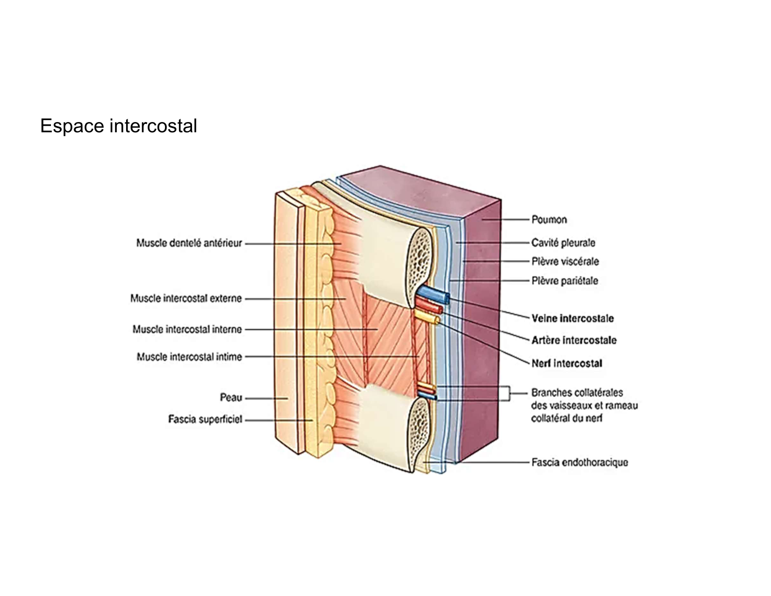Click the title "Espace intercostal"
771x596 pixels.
coord(118,126)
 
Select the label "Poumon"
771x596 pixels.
coord(549,219)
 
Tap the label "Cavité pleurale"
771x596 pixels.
coord(563,243)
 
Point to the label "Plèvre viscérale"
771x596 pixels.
coord(565,261)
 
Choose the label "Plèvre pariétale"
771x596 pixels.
coord(564,281)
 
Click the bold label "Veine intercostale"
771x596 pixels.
coord(572,318)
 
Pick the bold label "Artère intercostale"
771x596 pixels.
coord(574,340)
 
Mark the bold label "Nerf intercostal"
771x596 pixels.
coord(566,363)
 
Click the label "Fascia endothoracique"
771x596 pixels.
coord(579,462)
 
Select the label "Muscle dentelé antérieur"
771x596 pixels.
coord(189,243)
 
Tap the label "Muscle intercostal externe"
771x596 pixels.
coord(186,298)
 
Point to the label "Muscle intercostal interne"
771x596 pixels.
coord(187,330)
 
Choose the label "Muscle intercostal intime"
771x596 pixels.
coord(189,357)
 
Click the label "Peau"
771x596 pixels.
coord(231,398)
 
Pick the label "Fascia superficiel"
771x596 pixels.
coord(205,420)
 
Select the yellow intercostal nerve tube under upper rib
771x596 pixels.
coord(426,317)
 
